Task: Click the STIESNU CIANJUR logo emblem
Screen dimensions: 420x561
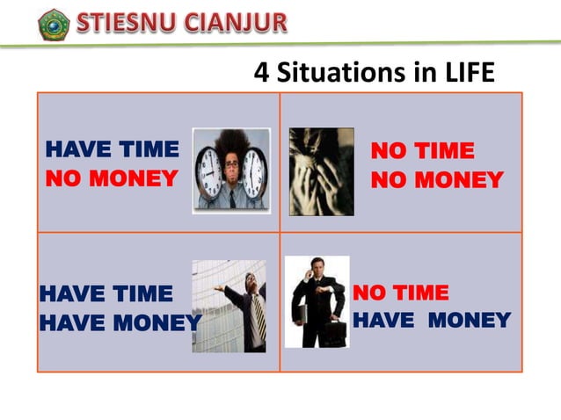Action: (54, 24)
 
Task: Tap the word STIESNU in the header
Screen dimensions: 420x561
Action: (125, 22)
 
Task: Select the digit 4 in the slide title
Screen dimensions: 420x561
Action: (261, 72)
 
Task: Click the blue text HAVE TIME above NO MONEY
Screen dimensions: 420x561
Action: (111, 150)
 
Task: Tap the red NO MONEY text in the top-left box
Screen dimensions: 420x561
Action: (111, 179)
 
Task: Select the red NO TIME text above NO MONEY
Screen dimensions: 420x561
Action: (422, 151)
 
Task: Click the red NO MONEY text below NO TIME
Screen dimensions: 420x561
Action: (436, 180)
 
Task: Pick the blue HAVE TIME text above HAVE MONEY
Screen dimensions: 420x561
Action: (106, 293)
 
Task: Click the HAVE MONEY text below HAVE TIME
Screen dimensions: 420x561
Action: (120, 322)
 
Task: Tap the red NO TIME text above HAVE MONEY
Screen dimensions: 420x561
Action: (400, 293)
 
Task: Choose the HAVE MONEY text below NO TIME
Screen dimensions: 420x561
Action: (431, 320)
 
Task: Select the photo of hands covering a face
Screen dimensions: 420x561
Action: (321, 171)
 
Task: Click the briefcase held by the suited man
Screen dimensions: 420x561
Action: (333, 331)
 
